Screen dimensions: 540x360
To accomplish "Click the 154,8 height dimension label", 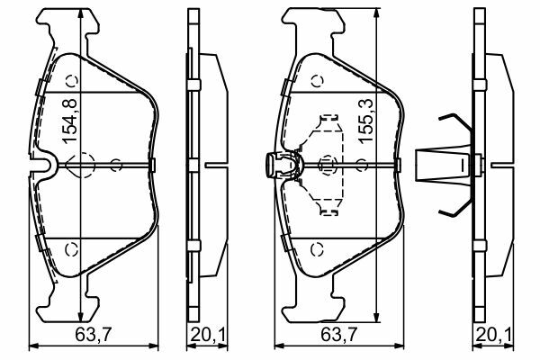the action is (x=69, y=121).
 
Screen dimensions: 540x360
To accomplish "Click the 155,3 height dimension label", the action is (x=365, y=121).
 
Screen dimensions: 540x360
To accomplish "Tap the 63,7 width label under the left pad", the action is (x=93, y=334).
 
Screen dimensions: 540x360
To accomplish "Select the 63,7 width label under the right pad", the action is (x=339, y=334).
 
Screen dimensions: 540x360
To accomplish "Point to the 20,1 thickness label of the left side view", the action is (x=208, y=334).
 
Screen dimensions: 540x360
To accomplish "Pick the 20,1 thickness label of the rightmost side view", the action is (x=493, y=334).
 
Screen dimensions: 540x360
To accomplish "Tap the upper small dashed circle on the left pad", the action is (x=72, y=81).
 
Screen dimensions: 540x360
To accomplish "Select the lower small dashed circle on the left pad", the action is (x=72, y=249).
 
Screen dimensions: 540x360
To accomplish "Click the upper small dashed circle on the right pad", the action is (x=317, y=81).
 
